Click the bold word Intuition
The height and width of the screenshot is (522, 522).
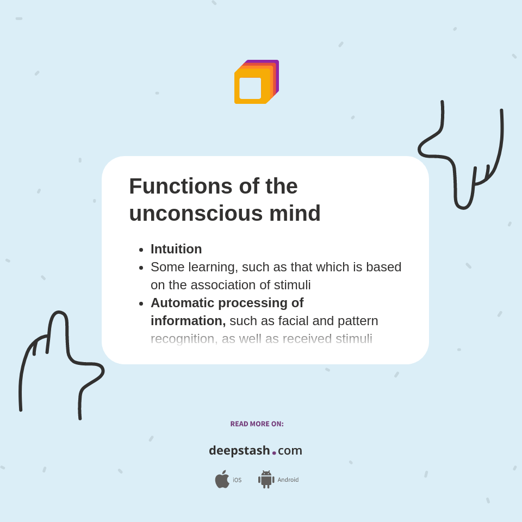[176, 249]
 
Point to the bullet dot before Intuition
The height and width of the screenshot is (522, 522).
[141, 250]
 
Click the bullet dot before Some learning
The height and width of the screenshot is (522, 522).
[141, 268]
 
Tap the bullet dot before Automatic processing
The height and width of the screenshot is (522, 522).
[141, 303]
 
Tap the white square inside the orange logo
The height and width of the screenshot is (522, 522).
[250, 88]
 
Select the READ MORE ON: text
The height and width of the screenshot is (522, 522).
[257, 424]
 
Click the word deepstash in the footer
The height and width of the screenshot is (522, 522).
[239, 451]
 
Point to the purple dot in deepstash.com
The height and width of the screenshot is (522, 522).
[274, 453]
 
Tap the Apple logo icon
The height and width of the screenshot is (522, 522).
[222, 480]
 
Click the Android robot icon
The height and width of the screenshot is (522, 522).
[266, 480]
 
